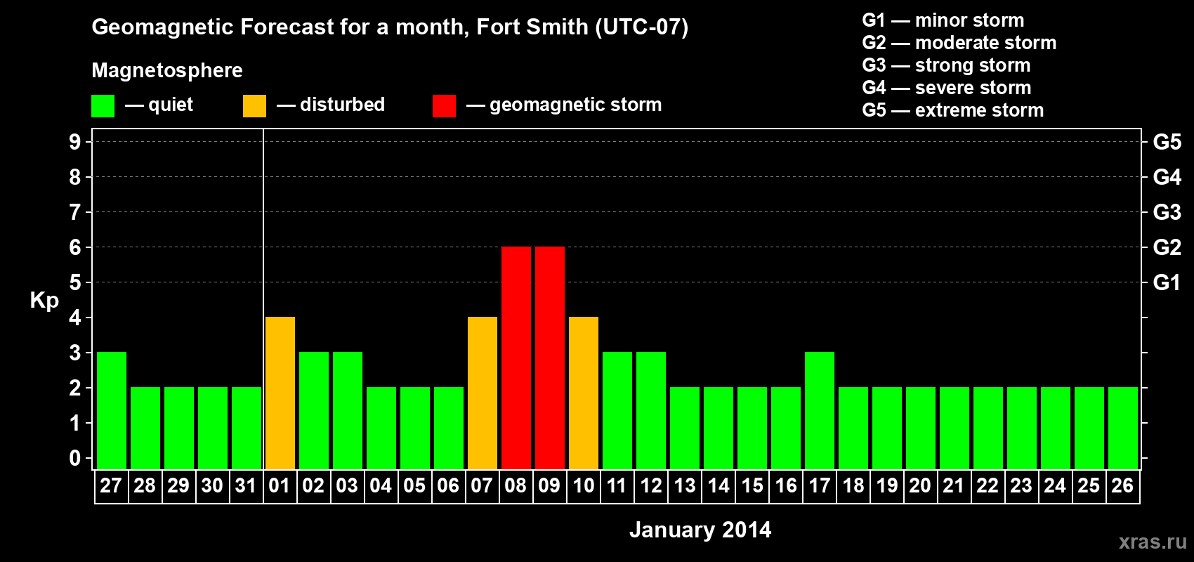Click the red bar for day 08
pyautogui.click(x=516, y=358)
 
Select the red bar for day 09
pyautogui.click(x=550, y=358)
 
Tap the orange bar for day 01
pyautogui.click(x=280, y=393)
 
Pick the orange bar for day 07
pyautogui.click(x=483, y=393)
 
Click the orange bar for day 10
pyautogui.click(x=584, y=393)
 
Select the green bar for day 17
pyautogui.click(x=820, y=411)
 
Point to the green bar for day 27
pyautogui.click(x=112, y=411)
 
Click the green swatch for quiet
pyautogui.click(x=103, y=106)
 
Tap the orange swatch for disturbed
pyautogui.click(x=255, y=106)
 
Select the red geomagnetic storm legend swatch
pyautogui.click(x=444, y=106)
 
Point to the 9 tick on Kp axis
pyautogui.click(x=75, y=142)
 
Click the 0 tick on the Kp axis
pyautogui.click(x=75, y=458)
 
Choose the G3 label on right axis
pyautogui.click(x=1167, y=212)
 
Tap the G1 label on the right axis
pyautogui.click(x=1167, y=282)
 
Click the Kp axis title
pyautogui.click(x=44, y=300)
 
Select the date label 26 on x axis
pyautogui.click(x=1122, y=485)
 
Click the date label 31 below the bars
pyautogui.click(x=246, y=485)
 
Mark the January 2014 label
pyautogui.click(x=700, y=530)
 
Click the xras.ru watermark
pyautogui.click(x=1153, y=542)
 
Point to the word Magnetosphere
pyautogui.click(x=167, y=70)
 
